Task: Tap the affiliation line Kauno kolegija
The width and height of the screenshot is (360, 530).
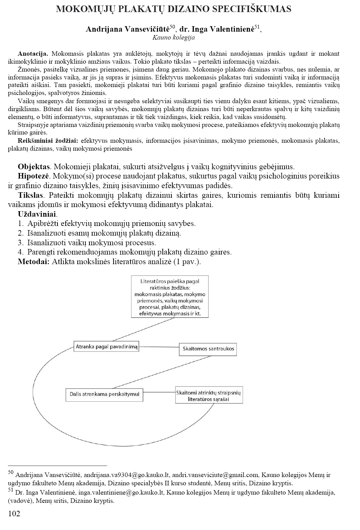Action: click(173, 38)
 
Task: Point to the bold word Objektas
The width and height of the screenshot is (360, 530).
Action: click(34, 167)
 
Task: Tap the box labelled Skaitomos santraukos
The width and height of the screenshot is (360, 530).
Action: click(208, 349)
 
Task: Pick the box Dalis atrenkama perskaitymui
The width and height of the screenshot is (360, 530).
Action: click(104, 394)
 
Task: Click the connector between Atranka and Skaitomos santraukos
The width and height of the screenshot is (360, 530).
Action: click(159, 347)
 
